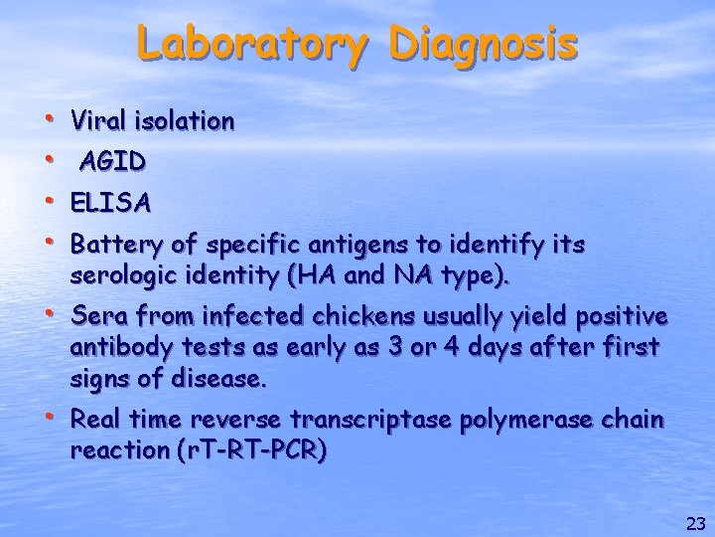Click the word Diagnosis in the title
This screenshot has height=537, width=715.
coord(484,44)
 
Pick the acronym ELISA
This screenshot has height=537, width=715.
coord(111,204)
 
